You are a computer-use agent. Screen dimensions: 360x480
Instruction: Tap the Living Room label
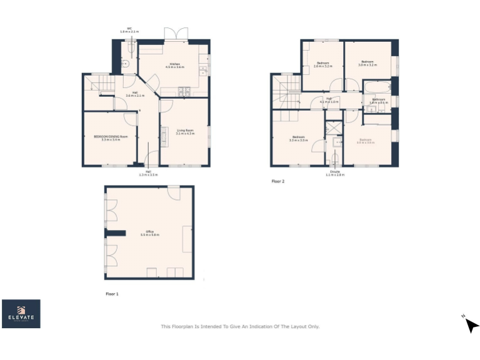[x=184, y=132]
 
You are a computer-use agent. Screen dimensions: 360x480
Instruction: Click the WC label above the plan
[x=129, y=29]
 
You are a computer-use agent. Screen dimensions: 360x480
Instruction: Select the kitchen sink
[x=203, y=69]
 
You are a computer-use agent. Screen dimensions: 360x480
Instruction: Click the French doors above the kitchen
[x=176, y=34]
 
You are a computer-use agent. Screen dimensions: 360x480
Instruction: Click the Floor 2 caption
[x=277, y=181]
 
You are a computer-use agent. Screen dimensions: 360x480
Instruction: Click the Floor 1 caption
[x=112, y=292]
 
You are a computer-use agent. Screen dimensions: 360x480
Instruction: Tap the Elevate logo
[x=21, y=314]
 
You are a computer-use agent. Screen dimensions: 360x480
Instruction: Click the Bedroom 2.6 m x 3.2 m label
[x=323, y=64]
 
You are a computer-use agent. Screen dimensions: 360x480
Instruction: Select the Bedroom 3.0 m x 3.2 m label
[x=366, y=63]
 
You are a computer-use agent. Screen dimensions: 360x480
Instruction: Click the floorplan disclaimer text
[x=240, y=326]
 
